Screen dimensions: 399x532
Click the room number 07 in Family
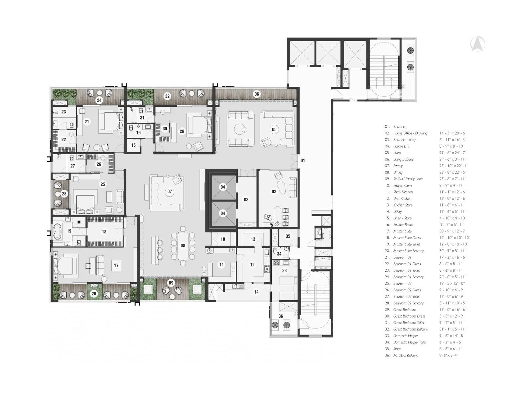170,192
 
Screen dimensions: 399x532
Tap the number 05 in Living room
274,129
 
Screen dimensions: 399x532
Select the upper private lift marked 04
223,187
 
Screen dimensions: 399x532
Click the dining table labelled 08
183,246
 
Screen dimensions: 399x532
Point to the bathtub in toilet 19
57,231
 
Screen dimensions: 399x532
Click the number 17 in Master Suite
116,265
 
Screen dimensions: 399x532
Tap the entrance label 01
303,161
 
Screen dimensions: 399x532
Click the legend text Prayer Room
402,186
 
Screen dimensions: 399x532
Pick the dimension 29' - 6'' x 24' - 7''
452,153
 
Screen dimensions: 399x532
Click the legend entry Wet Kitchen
402,199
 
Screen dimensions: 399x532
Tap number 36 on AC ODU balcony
281,316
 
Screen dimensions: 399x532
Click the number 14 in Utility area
256,292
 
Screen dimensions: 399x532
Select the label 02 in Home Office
274,192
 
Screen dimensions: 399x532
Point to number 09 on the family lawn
171,283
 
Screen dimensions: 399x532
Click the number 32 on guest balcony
167,96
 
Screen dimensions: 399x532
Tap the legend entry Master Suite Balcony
408,251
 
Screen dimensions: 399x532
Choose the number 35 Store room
288,236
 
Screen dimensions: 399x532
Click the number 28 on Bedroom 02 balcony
64,194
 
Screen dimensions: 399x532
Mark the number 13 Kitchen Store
253,239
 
